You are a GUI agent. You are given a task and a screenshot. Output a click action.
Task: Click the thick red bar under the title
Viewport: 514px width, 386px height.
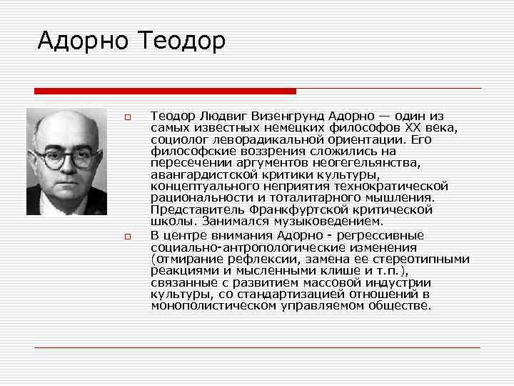[165, 91]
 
